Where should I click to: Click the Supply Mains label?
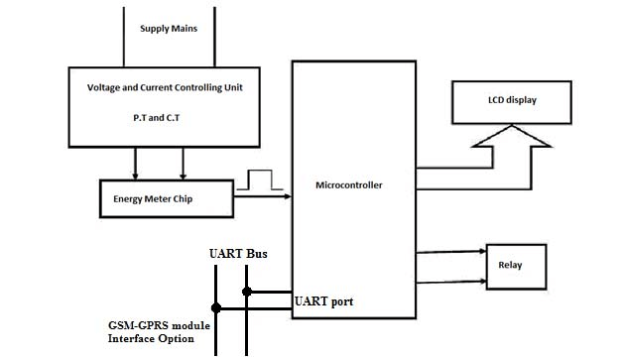[168, 29]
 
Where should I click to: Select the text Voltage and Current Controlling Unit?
[167, 87]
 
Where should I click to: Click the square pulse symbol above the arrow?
[261, 180]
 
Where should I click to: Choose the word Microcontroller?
[348, 184]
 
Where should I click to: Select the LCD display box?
[512, 99]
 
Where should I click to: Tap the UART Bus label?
[238, 255]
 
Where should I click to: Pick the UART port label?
[323, 300]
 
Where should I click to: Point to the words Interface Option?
[150, 339]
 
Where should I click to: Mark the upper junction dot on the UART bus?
[247, 292]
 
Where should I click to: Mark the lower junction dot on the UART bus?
[216, 308]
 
